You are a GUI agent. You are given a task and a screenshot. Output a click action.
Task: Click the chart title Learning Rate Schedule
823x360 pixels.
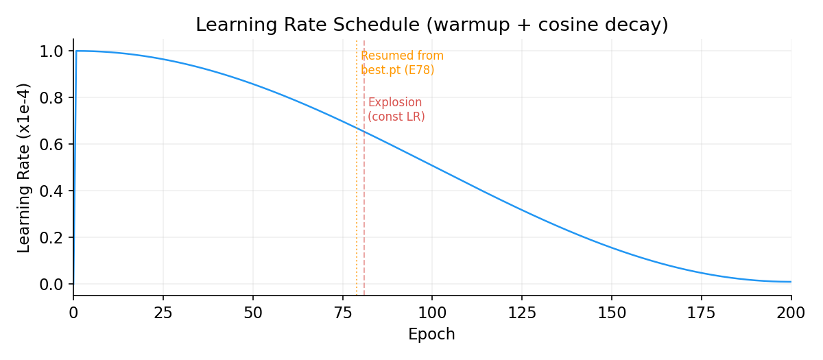(x=431, y=25)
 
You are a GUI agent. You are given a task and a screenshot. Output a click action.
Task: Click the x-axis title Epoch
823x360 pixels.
(x=431, y=335)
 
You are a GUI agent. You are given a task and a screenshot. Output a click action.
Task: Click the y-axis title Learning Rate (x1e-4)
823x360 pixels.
(x=24, y=167)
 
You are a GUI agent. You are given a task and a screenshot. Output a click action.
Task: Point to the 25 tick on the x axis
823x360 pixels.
(x=163, y=313)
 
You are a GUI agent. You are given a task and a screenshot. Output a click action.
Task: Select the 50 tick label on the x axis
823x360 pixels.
(x=253, y=313)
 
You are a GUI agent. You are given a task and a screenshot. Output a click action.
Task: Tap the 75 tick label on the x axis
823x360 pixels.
(x=342, y=313)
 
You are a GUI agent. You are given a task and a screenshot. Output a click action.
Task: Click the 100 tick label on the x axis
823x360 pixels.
(x=432, y=313)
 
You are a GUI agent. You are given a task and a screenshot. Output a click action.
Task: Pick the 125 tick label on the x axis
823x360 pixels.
(x=522, y=313)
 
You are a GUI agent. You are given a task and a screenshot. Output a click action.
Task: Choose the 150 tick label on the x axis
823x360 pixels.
(x=612, y=313)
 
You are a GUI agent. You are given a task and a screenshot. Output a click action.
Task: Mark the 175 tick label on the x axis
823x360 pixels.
(x=702, y=313)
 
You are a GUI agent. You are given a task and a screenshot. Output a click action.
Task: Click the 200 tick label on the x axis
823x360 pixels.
(x=791, y=313)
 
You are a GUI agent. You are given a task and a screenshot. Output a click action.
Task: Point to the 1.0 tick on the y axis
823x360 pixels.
(x=52, y=51)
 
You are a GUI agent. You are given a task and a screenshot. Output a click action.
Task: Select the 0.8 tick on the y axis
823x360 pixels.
(x=52, y=98)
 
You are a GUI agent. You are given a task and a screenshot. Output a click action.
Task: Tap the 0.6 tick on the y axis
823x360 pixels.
(x=52, y=145)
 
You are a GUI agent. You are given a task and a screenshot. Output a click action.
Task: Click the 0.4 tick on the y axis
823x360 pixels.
(x=52, y=191)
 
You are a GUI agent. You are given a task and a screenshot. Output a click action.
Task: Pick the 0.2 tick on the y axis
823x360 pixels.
(x=52, y=238)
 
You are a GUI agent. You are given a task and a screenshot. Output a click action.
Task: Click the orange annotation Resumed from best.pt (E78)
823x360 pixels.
(x=402, y=63)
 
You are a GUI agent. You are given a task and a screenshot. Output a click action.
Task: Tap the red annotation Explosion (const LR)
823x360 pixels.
(x=396, y=110)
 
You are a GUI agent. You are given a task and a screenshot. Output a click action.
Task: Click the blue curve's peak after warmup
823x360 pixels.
(x=77, y=51)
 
